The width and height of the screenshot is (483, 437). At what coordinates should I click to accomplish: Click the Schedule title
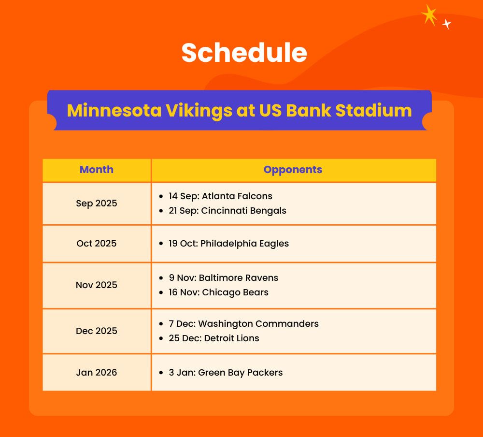click(x=244, y=53)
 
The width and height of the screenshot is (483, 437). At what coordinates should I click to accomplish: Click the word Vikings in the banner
click(x=199, y=111)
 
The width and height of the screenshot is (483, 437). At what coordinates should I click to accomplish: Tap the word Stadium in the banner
click(x=374, y=110)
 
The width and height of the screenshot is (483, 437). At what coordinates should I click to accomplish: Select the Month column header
click(x=97, y=170)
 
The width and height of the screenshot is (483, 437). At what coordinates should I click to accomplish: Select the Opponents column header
click(x=293, y=170)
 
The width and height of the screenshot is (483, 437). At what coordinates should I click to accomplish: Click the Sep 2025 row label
click(x=97, y=204)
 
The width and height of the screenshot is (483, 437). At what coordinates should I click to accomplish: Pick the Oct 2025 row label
click(x=97, y=243)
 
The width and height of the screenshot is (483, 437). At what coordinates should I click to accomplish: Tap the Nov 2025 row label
click(x=97, y=285)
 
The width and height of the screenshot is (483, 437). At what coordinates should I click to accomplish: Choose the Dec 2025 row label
click(x=97, y=331)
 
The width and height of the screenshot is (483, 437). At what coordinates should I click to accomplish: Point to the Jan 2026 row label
click(x=97, y=373)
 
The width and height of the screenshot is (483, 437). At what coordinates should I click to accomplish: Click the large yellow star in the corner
click(x=429, y=15)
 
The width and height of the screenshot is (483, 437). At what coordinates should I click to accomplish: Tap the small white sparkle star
click(x=447, y=24)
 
